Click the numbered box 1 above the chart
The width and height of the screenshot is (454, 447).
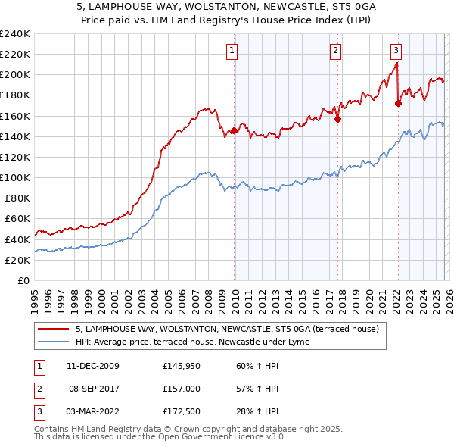(x=232, y=51)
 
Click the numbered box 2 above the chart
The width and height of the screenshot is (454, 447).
(x=335, y=51)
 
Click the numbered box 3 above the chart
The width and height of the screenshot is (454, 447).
(x=396, y=51)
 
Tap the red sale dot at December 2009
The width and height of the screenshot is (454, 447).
(x=234, y=130)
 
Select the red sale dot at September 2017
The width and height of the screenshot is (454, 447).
(x=337, y=119)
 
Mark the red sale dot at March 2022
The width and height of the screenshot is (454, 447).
(x=398, y=104)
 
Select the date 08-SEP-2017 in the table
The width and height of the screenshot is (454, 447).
(x=94, y=389)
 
